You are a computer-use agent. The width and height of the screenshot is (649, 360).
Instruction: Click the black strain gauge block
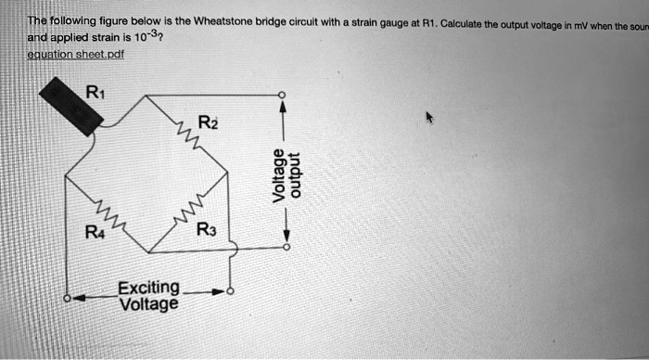[71, 106]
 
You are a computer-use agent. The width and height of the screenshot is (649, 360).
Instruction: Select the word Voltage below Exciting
[148, 302]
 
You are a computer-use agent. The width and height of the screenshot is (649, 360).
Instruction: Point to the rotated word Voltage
[275, 174]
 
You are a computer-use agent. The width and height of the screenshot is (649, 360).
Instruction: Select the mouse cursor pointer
[429, 118]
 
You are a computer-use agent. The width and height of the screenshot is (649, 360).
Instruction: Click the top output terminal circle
[285, 95]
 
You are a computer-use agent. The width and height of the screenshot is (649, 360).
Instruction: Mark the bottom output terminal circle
[285, 249]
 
